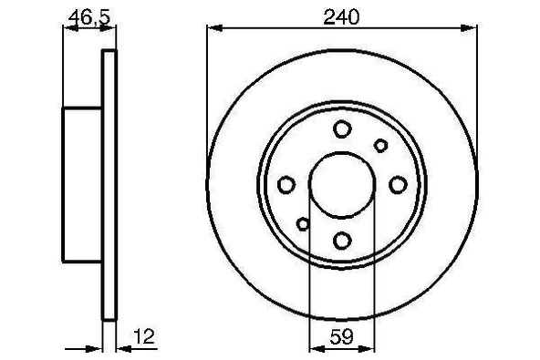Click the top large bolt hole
tap(342, 129)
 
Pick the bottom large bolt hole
tap(342, 240)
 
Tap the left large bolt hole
tap(286, 185)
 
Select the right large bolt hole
tap(397, 185)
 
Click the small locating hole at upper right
tap(381, 144)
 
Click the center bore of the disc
tap(341, 184)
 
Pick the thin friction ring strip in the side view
tap(109, 184)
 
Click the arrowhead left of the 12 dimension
tap(96, 347)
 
